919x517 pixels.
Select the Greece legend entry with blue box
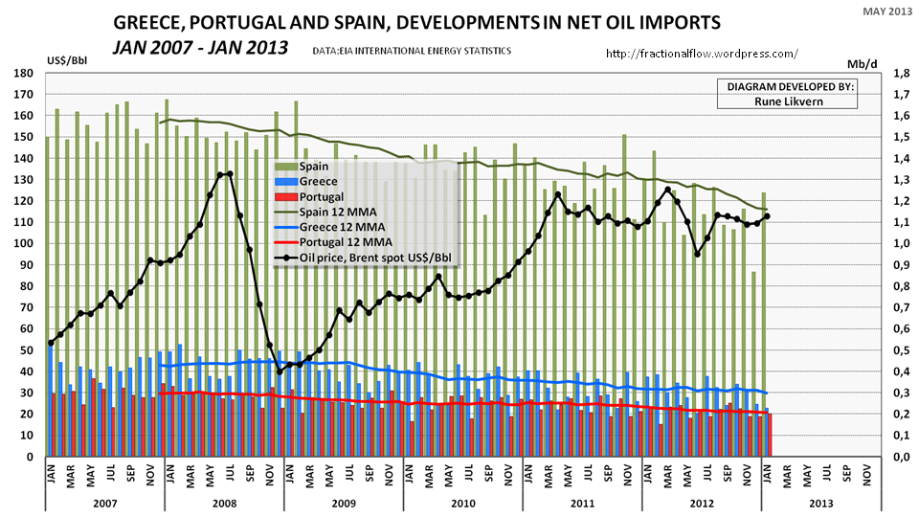click(320, 181)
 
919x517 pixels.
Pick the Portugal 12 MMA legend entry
click(340, 242)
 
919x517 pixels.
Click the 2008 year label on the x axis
click(224, 501)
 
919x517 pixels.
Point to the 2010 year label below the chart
click(462, 501)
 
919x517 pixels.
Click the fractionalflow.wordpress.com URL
click(703, 56)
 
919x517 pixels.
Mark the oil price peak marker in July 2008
click(230, 174)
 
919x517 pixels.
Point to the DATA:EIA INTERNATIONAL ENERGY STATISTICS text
click(412, 50)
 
